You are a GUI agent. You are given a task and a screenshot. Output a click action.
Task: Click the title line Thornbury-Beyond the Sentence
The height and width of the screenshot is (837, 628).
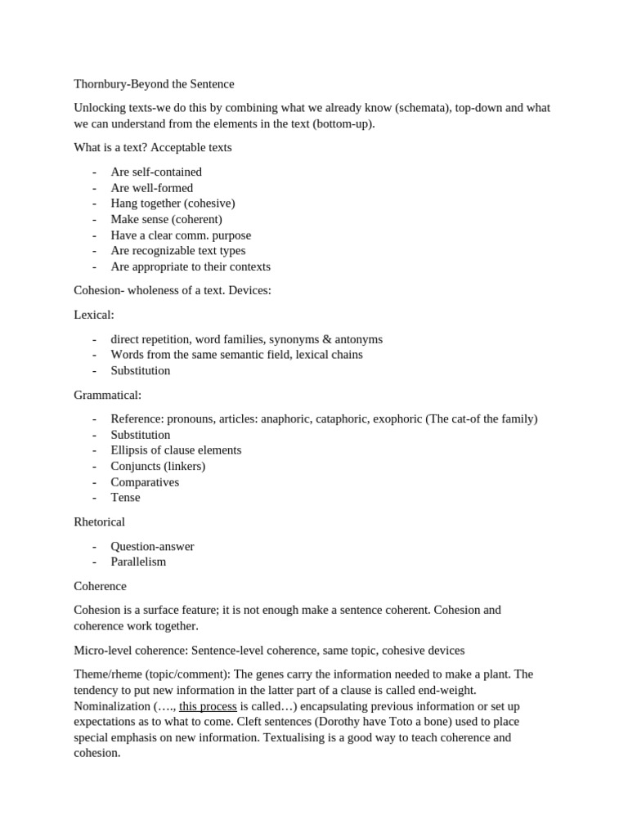[154, 84]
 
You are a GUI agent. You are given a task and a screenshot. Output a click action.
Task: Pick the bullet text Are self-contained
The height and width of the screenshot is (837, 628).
[156, 172]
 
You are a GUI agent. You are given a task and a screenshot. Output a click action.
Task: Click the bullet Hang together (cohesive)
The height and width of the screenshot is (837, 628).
[173, 204]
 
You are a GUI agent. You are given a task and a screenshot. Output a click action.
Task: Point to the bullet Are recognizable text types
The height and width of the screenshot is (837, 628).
[177, 251]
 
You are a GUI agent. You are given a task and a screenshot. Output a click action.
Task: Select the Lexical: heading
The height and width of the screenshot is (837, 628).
[94, 315]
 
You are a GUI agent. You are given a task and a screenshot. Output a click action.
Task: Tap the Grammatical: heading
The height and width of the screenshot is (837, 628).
[107, 395]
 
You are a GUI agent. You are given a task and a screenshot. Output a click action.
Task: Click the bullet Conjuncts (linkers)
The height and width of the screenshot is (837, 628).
[158, 466]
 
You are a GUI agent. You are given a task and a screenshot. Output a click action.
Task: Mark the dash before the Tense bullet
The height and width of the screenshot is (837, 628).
[95, 498]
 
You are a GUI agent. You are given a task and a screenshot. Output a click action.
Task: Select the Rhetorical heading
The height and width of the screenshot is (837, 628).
[99, 521]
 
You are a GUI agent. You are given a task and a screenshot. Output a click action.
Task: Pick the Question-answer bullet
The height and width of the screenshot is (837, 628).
[152, 546]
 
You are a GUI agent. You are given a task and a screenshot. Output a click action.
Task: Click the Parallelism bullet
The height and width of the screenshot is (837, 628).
[138, 562]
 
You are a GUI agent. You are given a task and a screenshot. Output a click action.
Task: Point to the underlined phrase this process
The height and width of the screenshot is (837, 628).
[208, 706]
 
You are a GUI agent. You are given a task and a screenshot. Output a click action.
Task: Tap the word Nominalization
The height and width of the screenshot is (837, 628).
[110, 706]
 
